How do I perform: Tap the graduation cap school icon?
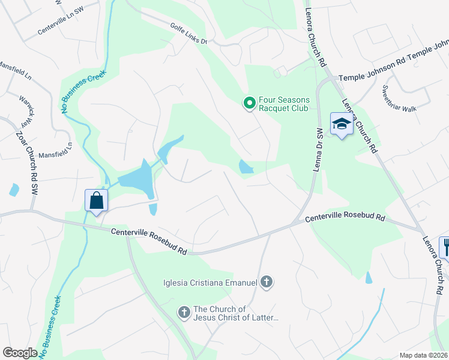click(x=341, y=124)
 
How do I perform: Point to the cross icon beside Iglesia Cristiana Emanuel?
click(x=267, y=281)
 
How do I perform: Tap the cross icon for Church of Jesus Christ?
click(x=184, y=312)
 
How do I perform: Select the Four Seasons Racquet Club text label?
click(x=283, y=104)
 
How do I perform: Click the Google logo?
click(x=20, y=352)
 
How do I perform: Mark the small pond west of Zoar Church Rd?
click(x=14, y=190)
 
